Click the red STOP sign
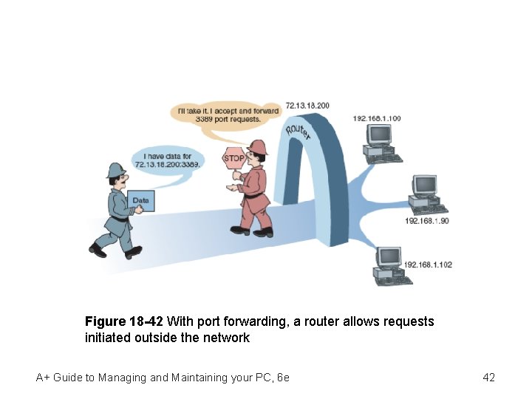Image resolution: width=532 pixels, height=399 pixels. [x=233, y=158]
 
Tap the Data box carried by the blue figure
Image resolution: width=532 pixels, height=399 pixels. [x=141, y=201]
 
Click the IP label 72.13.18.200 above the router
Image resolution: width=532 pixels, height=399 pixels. [x=307, y=106]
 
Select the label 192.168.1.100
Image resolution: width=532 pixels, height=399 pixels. [x=377, y=118]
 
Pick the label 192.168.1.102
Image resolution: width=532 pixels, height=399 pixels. [x=428, y=264]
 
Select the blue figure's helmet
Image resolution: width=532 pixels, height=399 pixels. [x=116, y=171]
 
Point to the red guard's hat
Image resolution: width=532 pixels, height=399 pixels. [x=258, y=146]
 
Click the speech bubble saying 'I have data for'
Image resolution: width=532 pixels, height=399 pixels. [x=167, y=160]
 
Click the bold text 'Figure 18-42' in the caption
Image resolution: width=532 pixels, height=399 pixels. [x=124, y=322]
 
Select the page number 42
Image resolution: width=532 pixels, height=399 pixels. [x=488, y=378]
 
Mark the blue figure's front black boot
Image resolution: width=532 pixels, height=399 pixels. [x=133, y=252]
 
